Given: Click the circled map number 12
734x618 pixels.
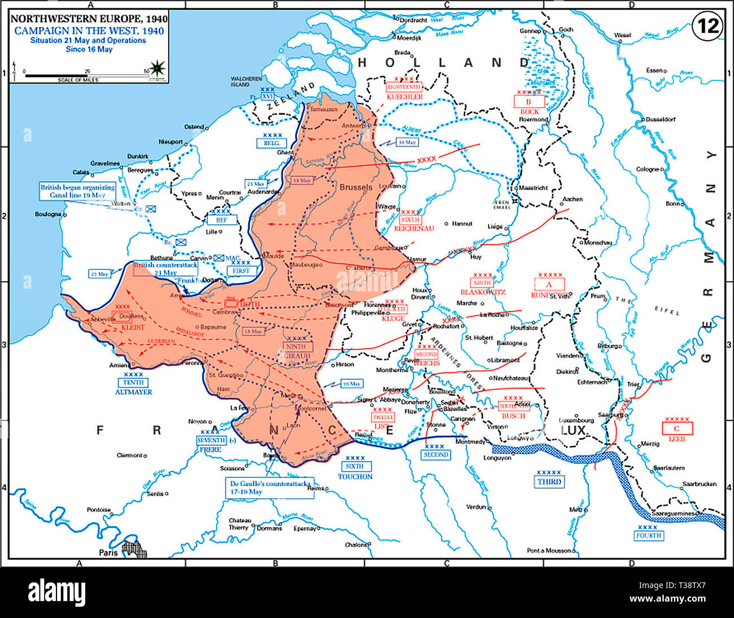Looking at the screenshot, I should [706, 27].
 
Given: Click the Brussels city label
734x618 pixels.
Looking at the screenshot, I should [355, 187].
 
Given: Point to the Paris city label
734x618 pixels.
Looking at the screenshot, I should [108, 552].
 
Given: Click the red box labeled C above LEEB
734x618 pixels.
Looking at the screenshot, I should [677, 428].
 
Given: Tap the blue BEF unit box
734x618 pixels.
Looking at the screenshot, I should [221, 220].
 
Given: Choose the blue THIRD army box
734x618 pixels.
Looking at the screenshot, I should [549, 481].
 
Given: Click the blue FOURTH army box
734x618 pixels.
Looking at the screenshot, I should [648, 536].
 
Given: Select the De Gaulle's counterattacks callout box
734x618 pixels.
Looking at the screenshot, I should [268, 488].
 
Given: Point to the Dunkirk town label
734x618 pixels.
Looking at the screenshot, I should [137, 156].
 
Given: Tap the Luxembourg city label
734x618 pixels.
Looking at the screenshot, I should [576, 420].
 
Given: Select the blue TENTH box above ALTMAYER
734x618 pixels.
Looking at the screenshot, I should [133, 382].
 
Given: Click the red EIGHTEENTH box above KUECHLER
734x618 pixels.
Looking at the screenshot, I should [404, 87].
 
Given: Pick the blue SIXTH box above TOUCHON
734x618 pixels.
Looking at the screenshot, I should [355, 466].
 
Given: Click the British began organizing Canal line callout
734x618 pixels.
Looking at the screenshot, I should [77, 191].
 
